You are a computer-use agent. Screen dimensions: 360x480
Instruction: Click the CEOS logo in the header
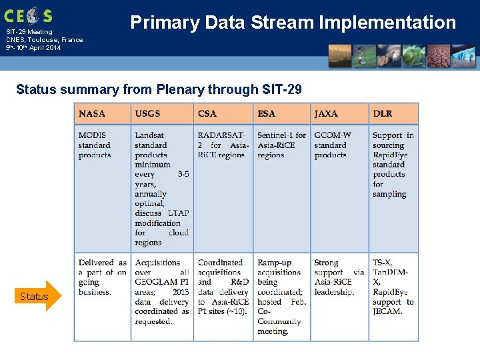click(28, 15)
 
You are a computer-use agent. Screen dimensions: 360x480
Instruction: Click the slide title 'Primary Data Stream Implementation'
click(293, 23)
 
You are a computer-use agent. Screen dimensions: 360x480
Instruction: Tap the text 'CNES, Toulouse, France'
click(45, 40)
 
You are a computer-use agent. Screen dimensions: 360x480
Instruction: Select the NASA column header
click(92, 113)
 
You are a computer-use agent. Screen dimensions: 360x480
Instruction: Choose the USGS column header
click(147, 113)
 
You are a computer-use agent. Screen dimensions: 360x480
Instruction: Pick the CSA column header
click(207, 113)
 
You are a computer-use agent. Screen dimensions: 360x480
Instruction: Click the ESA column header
click(266, 113)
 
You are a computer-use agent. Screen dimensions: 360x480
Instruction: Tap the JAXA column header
click(326, 113)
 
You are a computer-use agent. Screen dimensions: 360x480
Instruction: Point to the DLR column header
click(383, 113)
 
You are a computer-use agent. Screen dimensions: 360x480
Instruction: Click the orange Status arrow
click(37, 296)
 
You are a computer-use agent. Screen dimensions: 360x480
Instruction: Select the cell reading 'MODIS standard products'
click(95, 145)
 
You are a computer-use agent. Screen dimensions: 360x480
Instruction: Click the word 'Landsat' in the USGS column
click(149, 135)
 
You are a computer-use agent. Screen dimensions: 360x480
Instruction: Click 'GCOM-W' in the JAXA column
click(331, 135)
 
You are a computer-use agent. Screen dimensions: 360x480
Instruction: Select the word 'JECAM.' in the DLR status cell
click(387, 311)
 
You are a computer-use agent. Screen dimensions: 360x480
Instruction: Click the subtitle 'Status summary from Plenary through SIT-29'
click(163, 89)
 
